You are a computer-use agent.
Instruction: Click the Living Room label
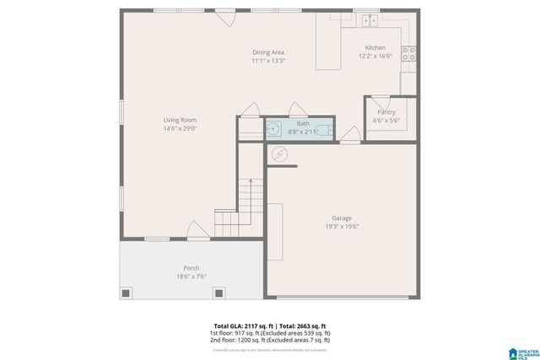click(180, 120)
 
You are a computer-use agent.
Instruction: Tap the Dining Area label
click(268, 52)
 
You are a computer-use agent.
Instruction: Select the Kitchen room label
click(375, 47)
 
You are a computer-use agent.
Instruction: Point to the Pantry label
click(386, 112)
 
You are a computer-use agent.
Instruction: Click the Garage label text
click(342, 218)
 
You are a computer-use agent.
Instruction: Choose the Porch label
click(192, 268)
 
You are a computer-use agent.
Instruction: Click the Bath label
click(303, 124)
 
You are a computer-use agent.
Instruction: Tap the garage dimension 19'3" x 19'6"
click(342, 227)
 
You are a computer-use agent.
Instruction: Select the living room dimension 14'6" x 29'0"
click(180, 128)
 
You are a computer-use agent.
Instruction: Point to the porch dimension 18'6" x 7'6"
click(192, 277)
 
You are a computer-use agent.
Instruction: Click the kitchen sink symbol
click(366, 21)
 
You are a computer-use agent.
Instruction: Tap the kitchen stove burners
click(408, 54)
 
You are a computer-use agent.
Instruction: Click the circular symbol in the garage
click(279, 154)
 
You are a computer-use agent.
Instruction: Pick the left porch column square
click(127, 293)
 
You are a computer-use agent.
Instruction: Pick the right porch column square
click(219, 293)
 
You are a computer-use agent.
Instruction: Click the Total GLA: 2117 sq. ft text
click(238, 325)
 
